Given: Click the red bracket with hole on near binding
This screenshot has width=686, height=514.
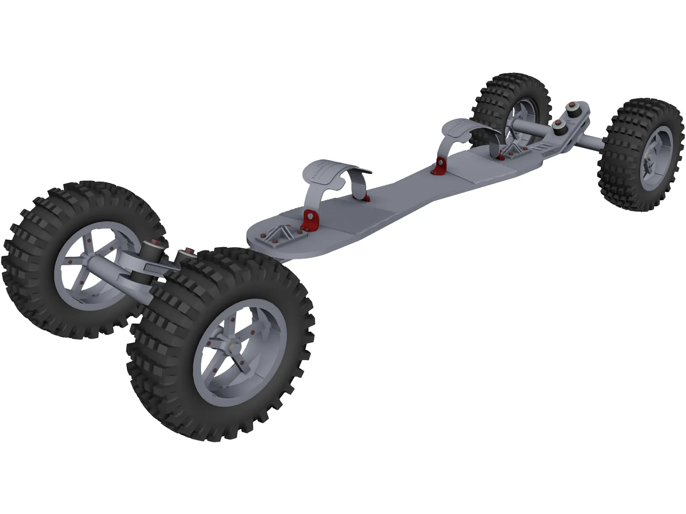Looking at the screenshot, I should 308,219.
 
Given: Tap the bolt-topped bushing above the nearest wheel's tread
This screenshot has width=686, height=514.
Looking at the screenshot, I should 187,254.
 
